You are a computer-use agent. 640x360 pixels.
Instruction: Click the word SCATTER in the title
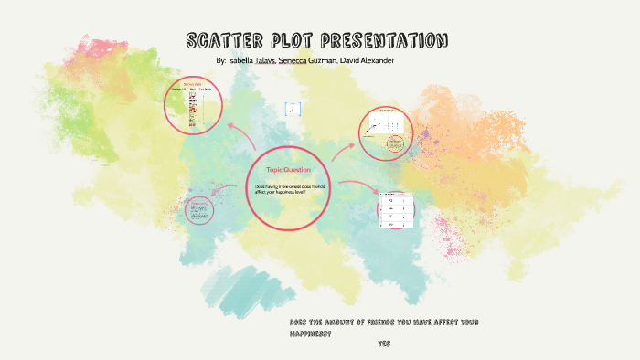click(222, 41)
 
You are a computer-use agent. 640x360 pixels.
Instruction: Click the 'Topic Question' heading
click(288, 170)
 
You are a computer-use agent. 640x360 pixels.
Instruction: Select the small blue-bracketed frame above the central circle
click(293, 109)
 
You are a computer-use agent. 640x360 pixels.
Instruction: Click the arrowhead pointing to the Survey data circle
click(229, 124)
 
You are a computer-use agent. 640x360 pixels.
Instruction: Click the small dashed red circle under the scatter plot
click(395, 144)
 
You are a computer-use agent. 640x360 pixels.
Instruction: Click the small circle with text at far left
click(197, 210)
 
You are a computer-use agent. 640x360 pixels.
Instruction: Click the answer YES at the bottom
click(383, 344)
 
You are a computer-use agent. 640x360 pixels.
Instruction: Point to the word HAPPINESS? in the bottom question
click(309, 334)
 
